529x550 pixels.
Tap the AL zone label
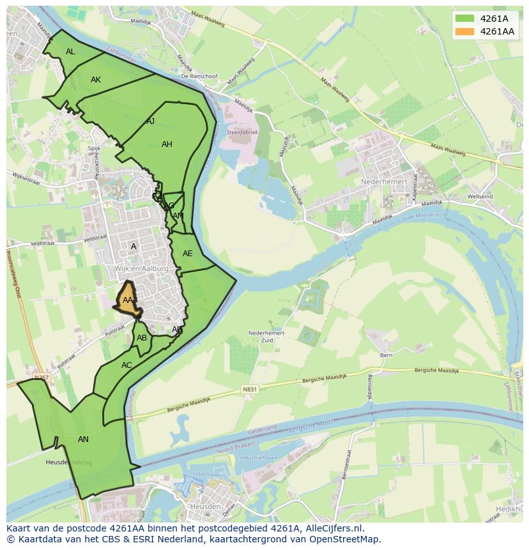70,52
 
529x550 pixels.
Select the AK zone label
96,80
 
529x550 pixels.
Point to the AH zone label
167,144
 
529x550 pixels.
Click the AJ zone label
151,121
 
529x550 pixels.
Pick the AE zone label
187,254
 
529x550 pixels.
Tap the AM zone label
178,216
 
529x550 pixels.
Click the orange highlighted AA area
128,301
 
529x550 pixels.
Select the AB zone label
142,338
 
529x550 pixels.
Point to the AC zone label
126,365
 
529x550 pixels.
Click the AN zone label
83,439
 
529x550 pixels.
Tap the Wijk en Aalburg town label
142,269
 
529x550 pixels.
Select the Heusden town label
205,507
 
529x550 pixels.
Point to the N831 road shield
249,389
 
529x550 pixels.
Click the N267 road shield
42,378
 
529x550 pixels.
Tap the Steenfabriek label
242,132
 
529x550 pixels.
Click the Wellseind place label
480,197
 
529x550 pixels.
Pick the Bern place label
386,355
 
